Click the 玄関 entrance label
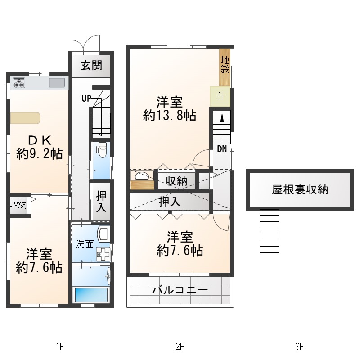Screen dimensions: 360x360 (91, 66)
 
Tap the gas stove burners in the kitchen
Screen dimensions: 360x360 (19, 83)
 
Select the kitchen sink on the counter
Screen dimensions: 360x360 (57, 83)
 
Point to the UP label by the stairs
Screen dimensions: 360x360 (86, 99)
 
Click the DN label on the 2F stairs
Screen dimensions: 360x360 (222, 149)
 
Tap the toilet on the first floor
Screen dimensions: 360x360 (101, 150)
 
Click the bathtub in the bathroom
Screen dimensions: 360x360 (91, 295)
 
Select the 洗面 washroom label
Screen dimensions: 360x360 (85, 244)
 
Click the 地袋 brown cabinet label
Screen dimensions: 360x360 (225, 65)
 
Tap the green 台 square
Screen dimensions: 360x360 (220, 96)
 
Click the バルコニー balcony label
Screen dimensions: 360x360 (180, 290)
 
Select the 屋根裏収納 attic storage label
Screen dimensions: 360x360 (300, 189)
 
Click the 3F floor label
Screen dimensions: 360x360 (300, 346)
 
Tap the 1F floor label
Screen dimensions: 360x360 (60, 346)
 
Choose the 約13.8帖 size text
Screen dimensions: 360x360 (170, 115)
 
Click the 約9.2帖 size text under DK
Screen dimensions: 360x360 (39, 153)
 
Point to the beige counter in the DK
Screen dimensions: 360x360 (25, 118)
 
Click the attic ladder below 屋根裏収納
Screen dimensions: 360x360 (269, 231)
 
